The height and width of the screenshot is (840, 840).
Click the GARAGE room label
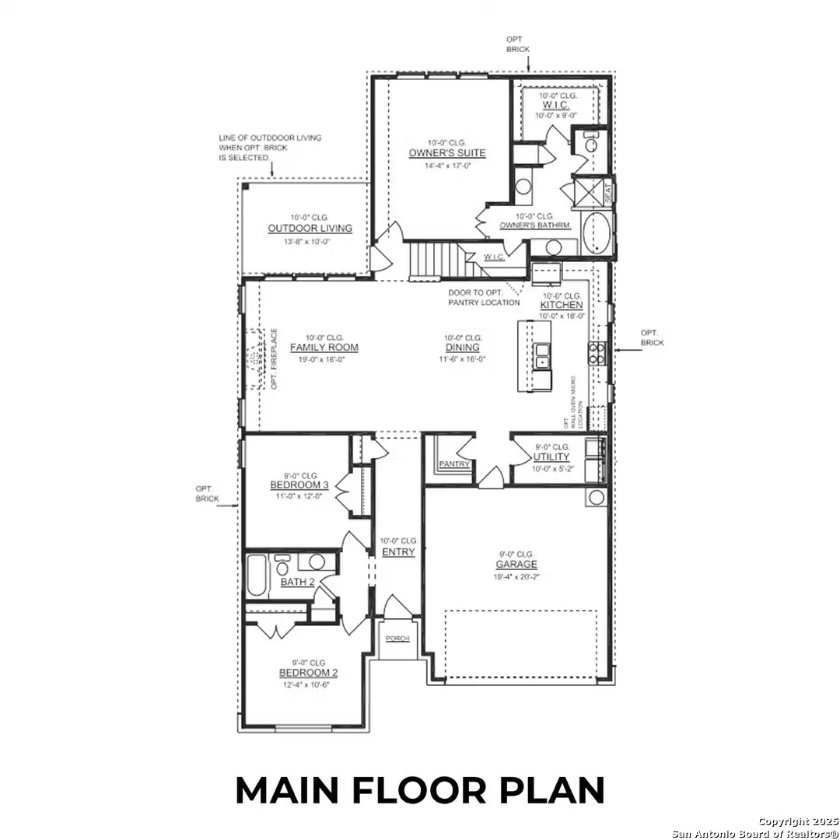tap(517, 565)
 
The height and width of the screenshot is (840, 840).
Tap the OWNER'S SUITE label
tap(447, 153)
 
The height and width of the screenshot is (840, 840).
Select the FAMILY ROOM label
tap(324, 348)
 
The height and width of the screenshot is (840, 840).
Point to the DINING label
tap(462, 348)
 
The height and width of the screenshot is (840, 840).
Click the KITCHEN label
tap(562, 306)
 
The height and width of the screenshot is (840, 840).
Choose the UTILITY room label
tap(551, 457)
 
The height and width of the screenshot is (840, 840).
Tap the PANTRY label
tap(453, 464)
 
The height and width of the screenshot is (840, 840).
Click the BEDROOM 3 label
tap(299, 485)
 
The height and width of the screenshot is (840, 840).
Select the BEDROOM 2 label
tap(309, 673)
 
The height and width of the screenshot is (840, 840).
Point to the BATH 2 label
tap(297, 582)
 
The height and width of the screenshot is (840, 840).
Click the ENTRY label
tap(398, 552)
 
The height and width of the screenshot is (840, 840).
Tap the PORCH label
tap(397, 639)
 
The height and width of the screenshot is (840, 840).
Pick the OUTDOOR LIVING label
tap(310, 229)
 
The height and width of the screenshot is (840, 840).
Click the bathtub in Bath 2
tap(256, 576)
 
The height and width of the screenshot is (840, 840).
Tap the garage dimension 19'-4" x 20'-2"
tap(517, 576)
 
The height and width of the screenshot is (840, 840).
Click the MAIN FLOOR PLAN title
tap(420, 790)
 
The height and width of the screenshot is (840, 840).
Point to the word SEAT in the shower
tap(608, 192)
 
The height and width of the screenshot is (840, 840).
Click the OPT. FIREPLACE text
tap(275, 359)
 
